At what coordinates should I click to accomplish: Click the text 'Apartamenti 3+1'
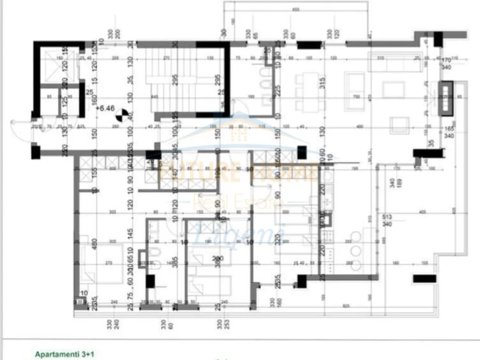pos(64,354)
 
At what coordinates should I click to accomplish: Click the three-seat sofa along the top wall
pos(396,63)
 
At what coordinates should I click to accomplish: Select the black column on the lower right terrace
pos(424,278)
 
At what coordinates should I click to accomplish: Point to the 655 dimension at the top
pos(296,9)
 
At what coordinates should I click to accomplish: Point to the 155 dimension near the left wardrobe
pos(94,170)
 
